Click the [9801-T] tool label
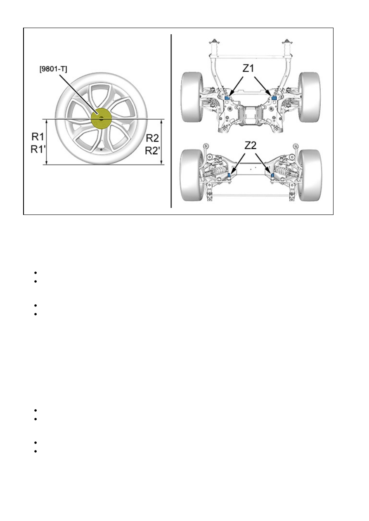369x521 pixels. tap(53, 70)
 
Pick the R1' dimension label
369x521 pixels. tap(38, 149)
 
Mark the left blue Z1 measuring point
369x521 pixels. tap(227, 97)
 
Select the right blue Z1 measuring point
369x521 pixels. tap(274, 97)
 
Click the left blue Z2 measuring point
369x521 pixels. tap(230, 176)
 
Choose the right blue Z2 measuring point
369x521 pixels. tap(273, 176)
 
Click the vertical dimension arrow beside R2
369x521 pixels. tap(161, 142)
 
